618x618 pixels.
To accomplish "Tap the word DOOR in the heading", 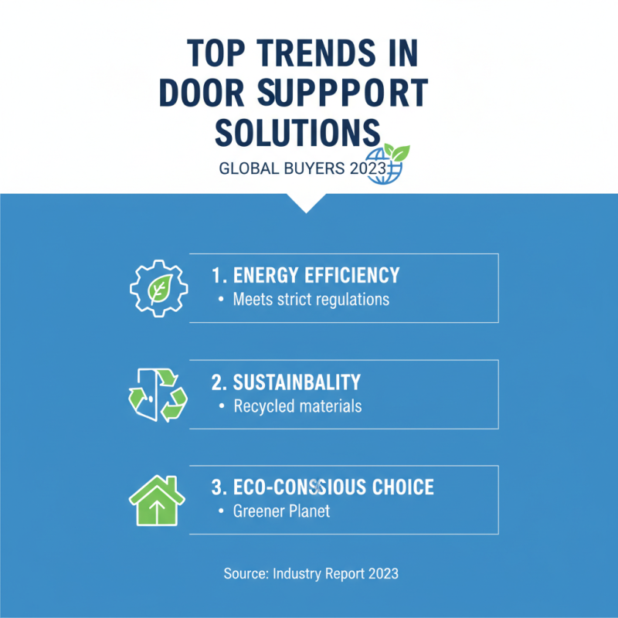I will (204, 93).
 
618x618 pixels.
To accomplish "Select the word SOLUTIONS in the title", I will (297, 132).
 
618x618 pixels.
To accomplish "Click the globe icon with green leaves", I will (386, 164).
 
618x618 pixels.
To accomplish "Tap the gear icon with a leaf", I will (158, 288).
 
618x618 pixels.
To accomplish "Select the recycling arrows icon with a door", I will (158, 394).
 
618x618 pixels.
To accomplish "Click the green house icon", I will (157, 500).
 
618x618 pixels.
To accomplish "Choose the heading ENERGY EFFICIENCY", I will (305, 275).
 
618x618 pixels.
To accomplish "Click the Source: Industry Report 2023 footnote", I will (311, 573).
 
